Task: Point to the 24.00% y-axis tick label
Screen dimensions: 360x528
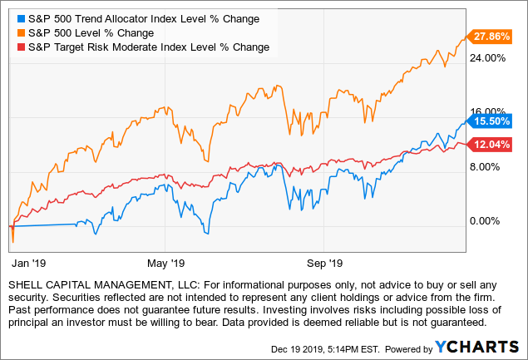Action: tap(489, 58)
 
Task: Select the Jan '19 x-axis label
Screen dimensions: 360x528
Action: tap(27, 263)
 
